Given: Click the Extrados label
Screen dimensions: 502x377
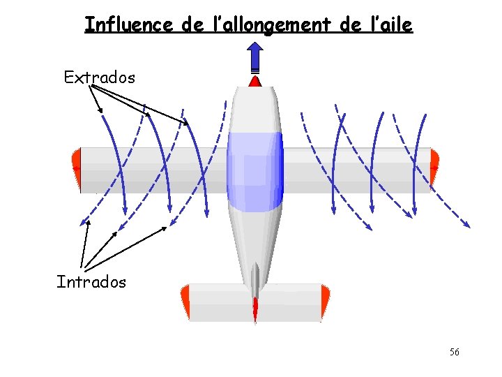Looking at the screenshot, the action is tap(99, 77).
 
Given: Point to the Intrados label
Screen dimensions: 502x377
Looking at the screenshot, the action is tap(91, 282).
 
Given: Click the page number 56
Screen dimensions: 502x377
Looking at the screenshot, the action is tap(454, 352).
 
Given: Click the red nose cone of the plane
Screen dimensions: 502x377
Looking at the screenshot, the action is tap(255, 82).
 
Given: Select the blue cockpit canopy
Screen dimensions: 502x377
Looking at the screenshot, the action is tap(255, 171).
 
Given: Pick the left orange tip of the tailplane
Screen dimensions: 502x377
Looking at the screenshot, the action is tap(185, 302).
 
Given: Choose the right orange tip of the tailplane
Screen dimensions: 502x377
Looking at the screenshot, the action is tap(324, 302).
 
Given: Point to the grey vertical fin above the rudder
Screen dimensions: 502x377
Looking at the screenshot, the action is tap(255, 279).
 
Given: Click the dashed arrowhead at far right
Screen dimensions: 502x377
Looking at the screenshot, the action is tap(466, 224).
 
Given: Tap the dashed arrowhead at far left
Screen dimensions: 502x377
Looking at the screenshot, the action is tap(85, 223).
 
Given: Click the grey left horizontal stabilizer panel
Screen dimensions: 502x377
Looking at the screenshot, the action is tap(218, 302).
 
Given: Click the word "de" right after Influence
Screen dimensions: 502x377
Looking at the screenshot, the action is tap(192, 25).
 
